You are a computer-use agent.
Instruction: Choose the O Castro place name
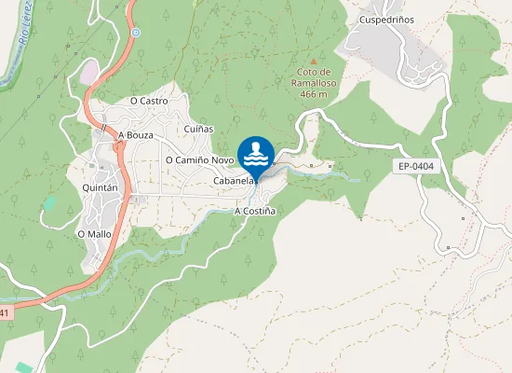(148, 100)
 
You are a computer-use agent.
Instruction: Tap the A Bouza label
(135, 135)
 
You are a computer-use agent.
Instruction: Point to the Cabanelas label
(234, 180)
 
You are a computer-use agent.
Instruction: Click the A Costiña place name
(255, 212)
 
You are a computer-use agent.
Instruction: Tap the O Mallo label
(94, 233)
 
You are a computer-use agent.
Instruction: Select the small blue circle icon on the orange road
(136, 33)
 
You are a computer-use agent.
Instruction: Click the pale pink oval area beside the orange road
(89, 71)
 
